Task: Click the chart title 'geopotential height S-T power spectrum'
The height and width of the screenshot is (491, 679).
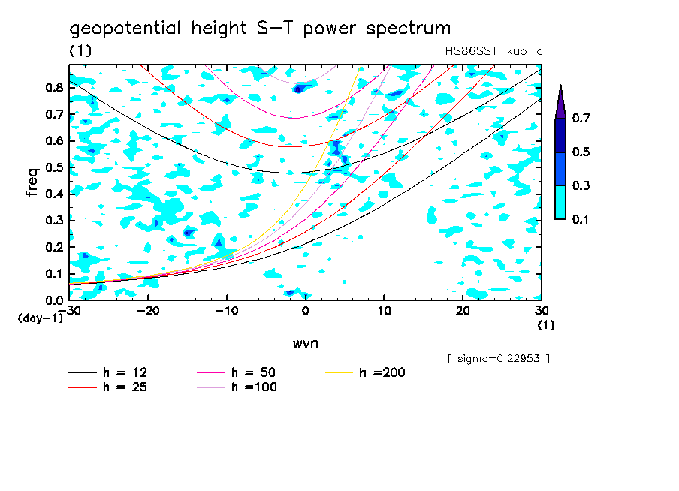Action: [260, 29]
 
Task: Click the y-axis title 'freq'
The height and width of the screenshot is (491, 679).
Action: [32, 182]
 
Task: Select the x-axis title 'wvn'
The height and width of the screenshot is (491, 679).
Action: [305, 343]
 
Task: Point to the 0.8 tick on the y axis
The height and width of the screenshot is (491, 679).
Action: [54, 87]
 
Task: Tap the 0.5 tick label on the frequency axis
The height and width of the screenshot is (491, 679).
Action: [54, 167]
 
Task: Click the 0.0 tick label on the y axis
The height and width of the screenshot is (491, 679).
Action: [54, 300]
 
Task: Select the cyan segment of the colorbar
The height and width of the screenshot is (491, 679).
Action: [560, 202]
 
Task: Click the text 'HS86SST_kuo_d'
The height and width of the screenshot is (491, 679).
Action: [493, 51]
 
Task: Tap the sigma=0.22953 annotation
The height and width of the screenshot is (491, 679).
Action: [499, 358]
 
